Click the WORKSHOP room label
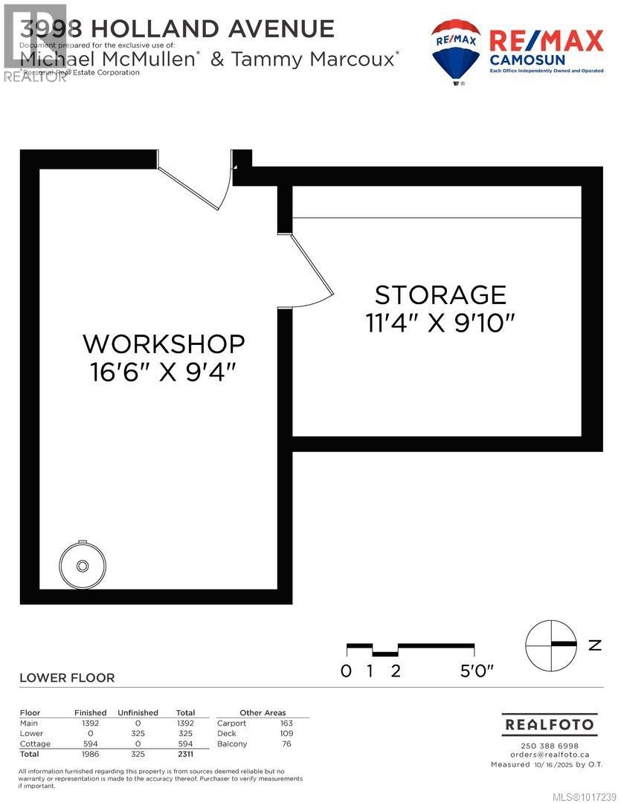164,344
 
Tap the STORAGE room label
440,294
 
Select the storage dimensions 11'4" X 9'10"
440,322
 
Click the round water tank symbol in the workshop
83,565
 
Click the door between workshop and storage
309,271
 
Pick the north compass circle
551,644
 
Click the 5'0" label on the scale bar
475,671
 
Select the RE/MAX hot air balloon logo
456,51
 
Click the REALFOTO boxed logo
550,724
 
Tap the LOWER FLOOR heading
67,677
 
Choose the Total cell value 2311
185,754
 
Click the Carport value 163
286,723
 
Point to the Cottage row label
35,744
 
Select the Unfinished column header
138,712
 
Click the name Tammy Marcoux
314,59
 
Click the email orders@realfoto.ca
550,755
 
